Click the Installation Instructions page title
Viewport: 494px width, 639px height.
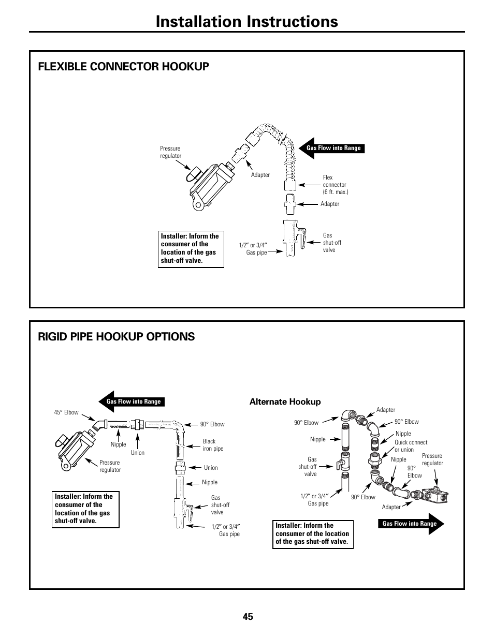(246, 21)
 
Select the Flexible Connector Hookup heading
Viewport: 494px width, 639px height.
(123, 66)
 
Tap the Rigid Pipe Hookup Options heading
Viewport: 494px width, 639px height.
(117, 336)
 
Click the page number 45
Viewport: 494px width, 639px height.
(247, 616)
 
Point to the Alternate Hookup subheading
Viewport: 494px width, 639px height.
(285, 402)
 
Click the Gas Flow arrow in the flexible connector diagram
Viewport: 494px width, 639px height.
(332, 148)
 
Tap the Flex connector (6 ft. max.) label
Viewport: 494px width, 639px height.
(335, 185)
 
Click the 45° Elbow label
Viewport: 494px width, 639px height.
(66, 413)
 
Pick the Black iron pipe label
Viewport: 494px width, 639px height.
(213, 445)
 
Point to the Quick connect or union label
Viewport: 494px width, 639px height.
(411, 446)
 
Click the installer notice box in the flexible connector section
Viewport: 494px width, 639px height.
(191, 248)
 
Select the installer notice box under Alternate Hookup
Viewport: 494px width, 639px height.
(312, 534)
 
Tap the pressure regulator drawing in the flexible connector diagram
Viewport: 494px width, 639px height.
(207, 184)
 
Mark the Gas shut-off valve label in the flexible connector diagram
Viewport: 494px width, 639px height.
(332, 243)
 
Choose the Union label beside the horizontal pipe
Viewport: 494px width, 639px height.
(138, 453)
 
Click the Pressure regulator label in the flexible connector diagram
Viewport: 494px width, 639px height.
(170, 152)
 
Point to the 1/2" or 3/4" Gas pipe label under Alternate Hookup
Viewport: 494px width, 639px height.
(315, 500)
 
